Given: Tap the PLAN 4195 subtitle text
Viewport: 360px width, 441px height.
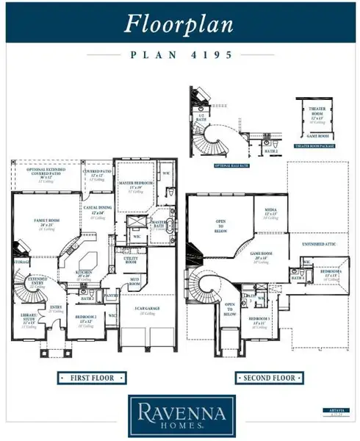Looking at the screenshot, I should [x=179, y=54].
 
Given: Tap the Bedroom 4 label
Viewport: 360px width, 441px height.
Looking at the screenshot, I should [x=330, y=271].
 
